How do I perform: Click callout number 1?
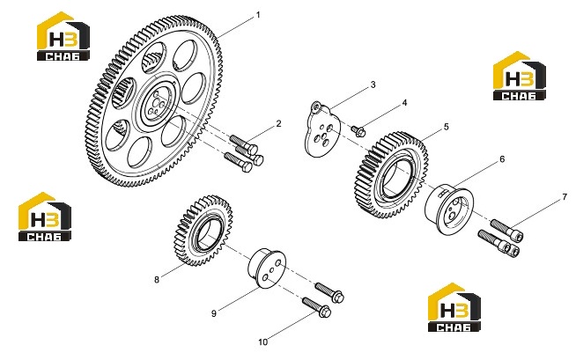coord(258,15)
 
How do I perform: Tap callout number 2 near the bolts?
coord(278,124)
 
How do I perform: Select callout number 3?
coord(373,84)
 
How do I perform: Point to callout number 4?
coord(404,103)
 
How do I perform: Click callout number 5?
coord(447,127)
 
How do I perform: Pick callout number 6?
coord(502,159)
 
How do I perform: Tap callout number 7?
coord(565,197)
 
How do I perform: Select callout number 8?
coord(157,280)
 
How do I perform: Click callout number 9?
coord(214,313)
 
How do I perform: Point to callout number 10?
coord(263,342)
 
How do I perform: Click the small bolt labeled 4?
coord(358,130)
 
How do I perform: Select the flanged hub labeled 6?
coord(449,209)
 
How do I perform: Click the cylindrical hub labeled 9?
coord(267,268)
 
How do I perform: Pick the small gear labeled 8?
coord(203,231)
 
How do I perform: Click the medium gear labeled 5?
coord(392,174)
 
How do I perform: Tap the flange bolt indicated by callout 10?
coord(317,307)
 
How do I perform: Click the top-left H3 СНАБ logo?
coord(63,36)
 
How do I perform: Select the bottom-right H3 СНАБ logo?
coord(454,307)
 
